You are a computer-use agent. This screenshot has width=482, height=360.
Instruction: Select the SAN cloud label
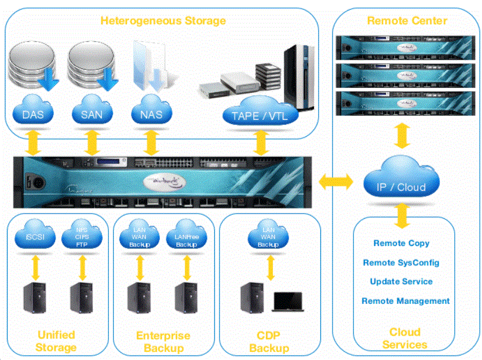click(91, 113)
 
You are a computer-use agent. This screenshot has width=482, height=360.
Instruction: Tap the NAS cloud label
click(151, 113)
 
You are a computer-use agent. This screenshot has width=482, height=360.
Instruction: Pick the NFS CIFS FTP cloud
click(81, 236)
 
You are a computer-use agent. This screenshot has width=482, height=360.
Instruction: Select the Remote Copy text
click(401, 244)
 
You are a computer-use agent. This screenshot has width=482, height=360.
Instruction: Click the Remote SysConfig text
click(401, 263)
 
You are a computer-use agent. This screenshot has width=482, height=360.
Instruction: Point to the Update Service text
click(401, 281)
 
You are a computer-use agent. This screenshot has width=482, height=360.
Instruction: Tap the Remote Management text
click(406, 301)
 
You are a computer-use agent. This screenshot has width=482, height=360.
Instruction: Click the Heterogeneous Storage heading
click(163, 21)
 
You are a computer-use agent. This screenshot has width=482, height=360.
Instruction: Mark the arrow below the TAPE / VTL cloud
click(261, 142)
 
